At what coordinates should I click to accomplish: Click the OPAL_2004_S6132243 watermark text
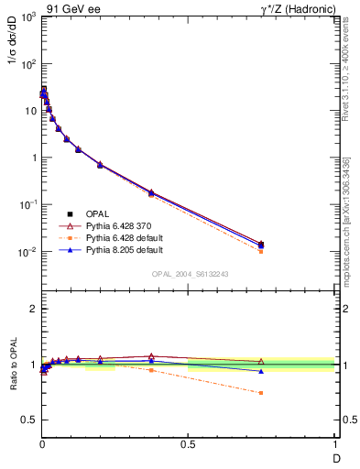tap(190, 274)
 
